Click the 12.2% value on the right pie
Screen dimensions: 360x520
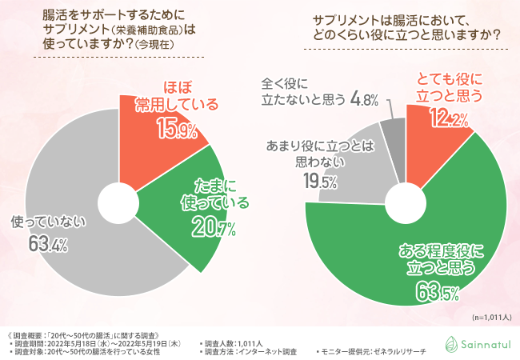click(447, 120)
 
